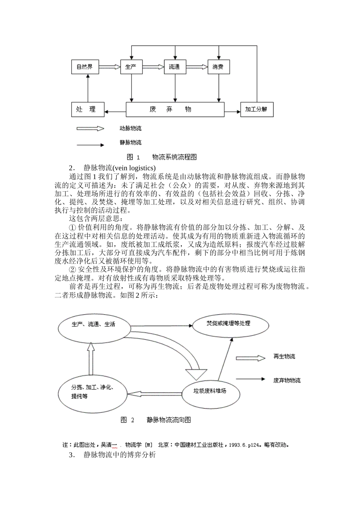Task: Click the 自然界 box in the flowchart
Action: tap(85, 67)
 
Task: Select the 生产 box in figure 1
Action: tap(131, 67)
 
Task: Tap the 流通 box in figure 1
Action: tap(175, 67)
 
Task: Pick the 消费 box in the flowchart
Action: tap(218, 67)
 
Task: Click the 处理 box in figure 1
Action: tap(88, 110)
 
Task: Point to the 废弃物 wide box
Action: tap(175, 110)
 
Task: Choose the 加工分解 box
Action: tap(257, 110)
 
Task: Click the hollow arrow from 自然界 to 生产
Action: tap(109, 67)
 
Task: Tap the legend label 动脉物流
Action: tap(131, 129)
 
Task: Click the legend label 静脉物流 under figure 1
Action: tap(131, 143)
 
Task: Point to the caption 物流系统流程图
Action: tap(175, 157)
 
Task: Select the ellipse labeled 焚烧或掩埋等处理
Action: tap(230, 325)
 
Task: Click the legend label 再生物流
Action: tap(284, 357)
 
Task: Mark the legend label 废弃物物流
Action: tap(287, 380)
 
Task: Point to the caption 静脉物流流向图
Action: tap(169, 420)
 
